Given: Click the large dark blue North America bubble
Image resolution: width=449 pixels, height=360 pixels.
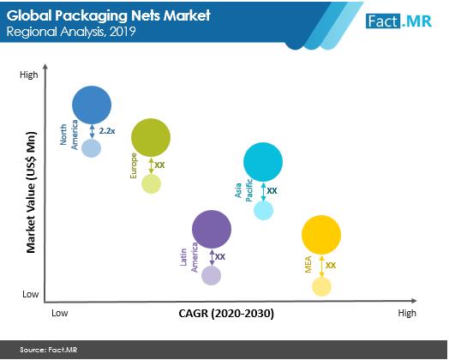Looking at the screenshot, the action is (92, 105).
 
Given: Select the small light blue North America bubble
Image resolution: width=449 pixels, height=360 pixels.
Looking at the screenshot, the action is (92, 148).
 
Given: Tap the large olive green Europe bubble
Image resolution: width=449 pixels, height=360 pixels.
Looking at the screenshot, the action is (151, 138).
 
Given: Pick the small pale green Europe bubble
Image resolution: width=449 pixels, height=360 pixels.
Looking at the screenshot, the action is (151, 184).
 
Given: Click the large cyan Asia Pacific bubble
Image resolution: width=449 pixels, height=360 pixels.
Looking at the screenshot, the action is (263, 162).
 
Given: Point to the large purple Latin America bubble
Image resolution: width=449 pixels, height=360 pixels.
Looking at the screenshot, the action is (212, 229).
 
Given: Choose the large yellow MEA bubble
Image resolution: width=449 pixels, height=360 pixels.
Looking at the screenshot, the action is (321, 235).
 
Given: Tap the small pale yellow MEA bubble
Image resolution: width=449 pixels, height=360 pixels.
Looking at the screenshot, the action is (321, 286).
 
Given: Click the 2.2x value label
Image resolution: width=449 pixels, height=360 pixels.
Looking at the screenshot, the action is (107, 131).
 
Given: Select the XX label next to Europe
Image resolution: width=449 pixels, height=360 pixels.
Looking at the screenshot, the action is (159, 165).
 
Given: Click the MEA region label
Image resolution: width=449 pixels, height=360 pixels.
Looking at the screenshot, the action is (308, 265).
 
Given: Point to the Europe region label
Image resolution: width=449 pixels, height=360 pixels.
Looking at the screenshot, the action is (134, 166).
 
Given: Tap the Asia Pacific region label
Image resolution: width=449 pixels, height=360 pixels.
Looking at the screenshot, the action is (243, 190).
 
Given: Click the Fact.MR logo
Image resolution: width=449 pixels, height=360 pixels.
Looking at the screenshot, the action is (398, 21).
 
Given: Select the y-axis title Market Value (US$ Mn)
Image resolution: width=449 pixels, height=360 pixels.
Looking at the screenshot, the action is (31, 193).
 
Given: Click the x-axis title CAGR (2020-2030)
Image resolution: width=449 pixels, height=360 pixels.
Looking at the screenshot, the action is (226, 314).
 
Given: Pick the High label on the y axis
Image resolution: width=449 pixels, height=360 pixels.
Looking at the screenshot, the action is (28, 75).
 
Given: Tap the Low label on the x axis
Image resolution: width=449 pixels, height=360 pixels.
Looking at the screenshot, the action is (60, 313).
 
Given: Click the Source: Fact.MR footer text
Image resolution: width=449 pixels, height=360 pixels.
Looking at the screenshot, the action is (48, 350).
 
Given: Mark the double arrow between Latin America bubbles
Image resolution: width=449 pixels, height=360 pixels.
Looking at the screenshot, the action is (212, 257).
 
